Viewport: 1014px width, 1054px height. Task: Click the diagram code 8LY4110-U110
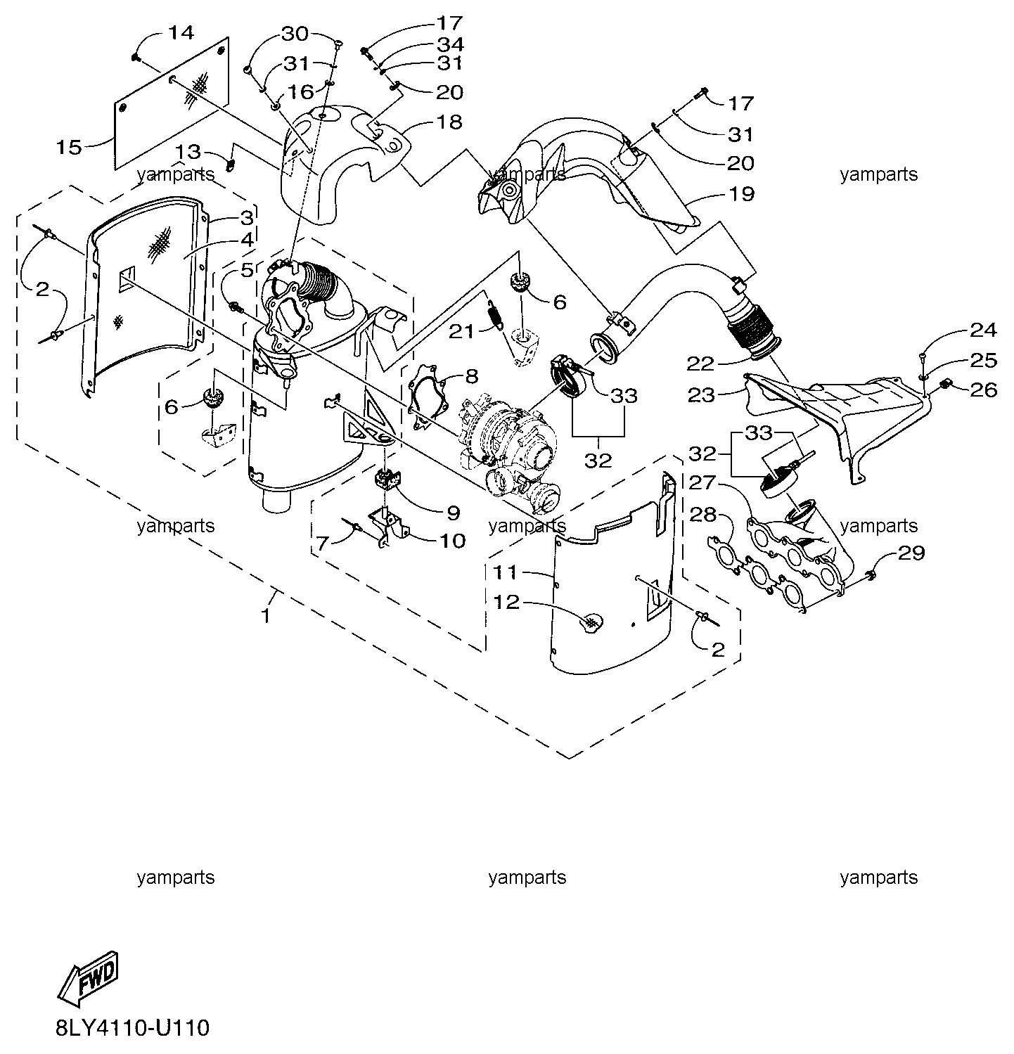pyautogui.click(x=132, y=1028)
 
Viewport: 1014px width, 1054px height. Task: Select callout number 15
pyautogui.click(x=70, y=147)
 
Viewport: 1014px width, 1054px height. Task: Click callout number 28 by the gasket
pyautogui.click(x=702, y=515)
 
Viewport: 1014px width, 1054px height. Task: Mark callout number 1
pyautogui.click(x=266, y=616)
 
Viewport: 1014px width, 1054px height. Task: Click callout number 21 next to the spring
pyautogui.click(x=462, y=330)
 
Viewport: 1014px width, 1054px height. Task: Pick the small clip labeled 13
pyautogui.click(x=229, y=165)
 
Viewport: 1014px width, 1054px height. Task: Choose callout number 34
pyautogui.click(x=450, y=44)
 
